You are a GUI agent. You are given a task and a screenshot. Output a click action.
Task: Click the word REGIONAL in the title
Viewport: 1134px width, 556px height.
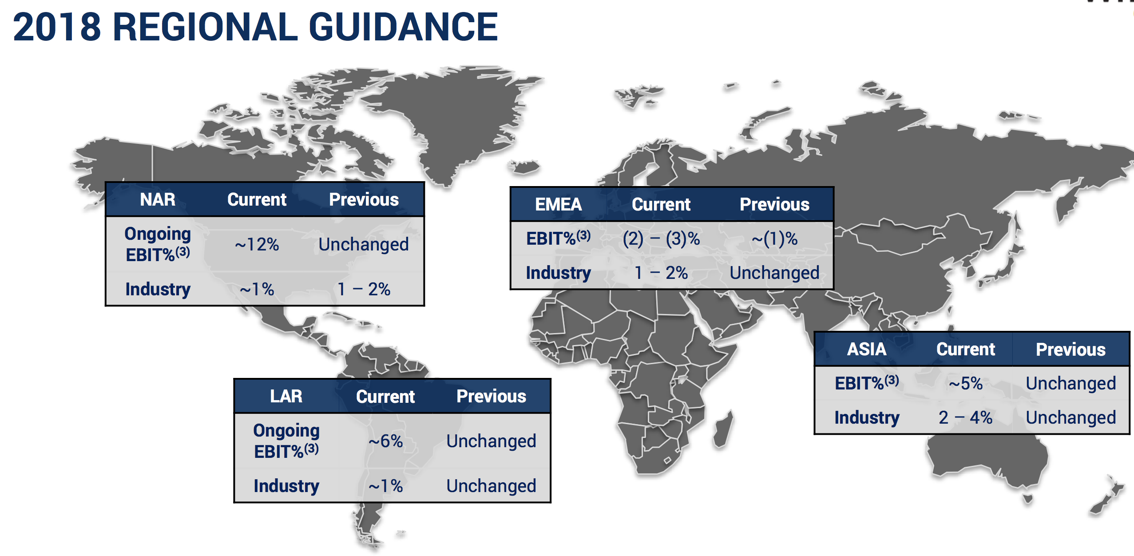206,27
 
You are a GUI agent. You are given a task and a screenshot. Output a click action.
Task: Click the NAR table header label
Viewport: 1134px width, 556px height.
158,199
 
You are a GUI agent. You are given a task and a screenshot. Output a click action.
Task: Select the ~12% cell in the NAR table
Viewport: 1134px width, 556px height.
257,244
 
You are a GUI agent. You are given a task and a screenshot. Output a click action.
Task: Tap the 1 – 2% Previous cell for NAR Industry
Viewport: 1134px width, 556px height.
364,289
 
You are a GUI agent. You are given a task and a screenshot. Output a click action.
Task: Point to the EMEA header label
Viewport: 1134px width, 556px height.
558,204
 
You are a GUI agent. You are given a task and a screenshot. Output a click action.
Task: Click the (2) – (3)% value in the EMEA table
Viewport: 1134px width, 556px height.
661,239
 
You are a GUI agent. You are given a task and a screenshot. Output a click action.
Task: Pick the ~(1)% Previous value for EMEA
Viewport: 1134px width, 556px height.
774,239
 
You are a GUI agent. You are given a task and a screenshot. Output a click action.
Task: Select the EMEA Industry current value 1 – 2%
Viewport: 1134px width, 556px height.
661,273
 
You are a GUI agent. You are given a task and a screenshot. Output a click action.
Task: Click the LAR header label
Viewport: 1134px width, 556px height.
286,396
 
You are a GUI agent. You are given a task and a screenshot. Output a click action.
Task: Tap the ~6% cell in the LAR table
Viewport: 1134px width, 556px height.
385,441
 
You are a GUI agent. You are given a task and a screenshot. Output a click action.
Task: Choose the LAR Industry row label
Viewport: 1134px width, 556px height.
286,486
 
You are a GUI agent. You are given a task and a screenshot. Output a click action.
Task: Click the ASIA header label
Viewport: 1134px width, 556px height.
867,349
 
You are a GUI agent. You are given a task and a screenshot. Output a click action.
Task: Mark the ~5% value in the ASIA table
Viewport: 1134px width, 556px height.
966,383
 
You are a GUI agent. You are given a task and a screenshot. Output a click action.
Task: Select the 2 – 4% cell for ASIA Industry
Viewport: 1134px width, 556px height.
966,417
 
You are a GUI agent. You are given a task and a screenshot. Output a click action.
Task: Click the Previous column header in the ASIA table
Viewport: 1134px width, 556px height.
1071,349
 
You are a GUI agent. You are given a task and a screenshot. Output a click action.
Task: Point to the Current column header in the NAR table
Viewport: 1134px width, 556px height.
257,199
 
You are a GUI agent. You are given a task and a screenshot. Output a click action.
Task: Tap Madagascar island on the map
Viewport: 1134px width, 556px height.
723,429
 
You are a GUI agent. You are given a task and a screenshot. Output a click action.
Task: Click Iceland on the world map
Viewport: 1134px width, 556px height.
525,167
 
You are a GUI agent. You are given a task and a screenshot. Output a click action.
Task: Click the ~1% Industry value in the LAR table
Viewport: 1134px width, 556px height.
385,486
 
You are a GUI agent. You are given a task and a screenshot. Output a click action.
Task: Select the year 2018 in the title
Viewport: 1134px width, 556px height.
57,27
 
